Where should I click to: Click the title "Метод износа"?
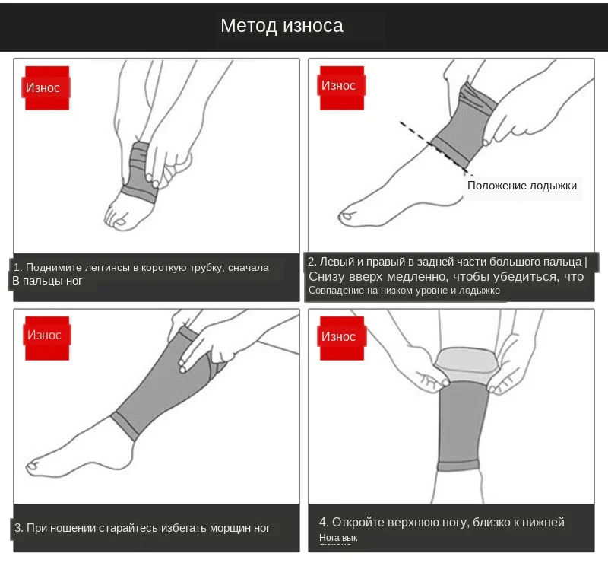[282, 26]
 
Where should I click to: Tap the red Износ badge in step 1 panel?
[44, 87]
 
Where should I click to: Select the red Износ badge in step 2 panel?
[339, 85]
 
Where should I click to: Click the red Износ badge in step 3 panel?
[45, 335]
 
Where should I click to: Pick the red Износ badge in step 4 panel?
[339, 336]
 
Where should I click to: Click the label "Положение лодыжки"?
[522, 186]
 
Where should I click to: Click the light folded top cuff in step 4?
[465, 363]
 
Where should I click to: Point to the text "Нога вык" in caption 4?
[338, 538]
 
